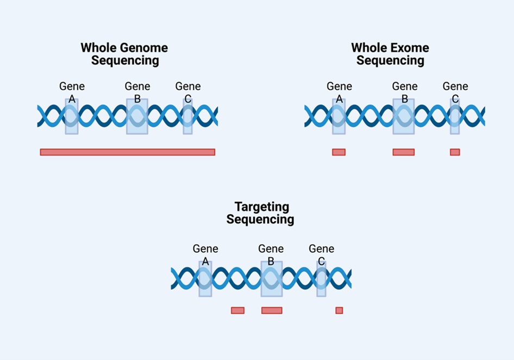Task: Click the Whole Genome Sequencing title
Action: (124, 54)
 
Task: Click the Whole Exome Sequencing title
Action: (390, 54)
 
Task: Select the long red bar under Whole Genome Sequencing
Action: (128, 152)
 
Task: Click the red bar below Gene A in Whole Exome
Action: (339, 152)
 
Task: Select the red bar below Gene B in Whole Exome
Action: (404, 152)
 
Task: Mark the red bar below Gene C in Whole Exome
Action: (455, 152)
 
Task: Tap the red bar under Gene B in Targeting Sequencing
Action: (272, 311)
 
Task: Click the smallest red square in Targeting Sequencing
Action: (339, 311)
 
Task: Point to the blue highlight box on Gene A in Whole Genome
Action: (72, 116)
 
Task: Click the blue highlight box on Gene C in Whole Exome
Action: (455, 116)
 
